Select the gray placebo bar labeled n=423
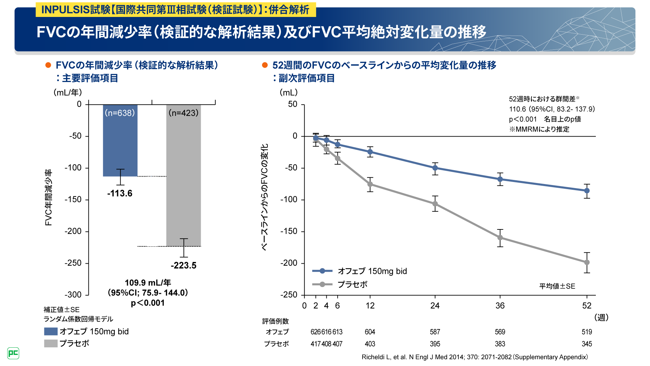[183, 176]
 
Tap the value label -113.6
[120, 194]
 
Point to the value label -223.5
[183, 265]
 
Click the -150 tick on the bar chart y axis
[73, 200]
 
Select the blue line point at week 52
[587, 191]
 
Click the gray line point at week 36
[500, 238]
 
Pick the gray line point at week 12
[370, 184]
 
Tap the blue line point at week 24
[435, 168]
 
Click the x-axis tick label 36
[500, 306]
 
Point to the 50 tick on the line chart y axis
[293, 104]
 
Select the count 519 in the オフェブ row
[587, 332]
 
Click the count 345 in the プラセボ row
[587, 344]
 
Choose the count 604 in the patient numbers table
[370, 332]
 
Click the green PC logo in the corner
[13, 353]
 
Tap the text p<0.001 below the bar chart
[148, 303]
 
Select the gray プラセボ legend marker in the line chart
[322, 284]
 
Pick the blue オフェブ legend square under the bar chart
[51, 331]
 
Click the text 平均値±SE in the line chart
[557, 286]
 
